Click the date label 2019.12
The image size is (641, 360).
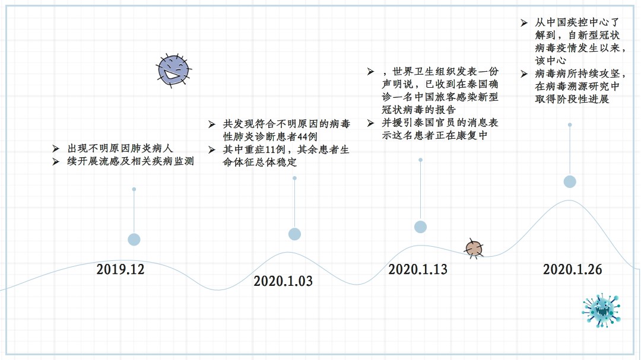coord(120,269)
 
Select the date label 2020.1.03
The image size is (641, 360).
coord(283,281)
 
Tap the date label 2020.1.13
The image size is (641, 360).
coord(418,269)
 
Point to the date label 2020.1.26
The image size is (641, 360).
coord(572,269)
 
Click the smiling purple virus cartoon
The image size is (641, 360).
coord(174,71)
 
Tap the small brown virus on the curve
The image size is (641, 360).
coord(474,249)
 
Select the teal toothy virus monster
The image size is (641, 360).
coord(601,310)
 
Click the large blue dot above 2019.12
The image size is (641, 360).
coord(134,240)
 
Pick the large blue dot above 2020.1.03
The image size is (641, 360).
coord(295,234)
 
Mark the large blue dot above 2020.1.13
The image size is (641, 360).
coord(421,227)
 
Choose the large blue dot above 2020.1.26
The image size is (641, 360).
coord(570,182)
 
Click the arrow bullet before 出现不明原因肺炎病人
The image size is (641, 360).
coord(56,148)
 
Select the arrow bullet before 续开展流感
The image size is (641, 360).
coord(56,162)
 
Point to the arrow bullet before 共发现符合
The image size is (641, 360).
coord(211,124)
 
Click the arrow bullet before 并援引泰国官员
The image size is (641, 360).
coord(370,123)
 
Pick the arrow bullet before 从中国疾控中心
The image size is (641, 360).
coord(524,23)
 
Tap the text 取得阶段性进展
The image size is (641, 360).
coord(572,99)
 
